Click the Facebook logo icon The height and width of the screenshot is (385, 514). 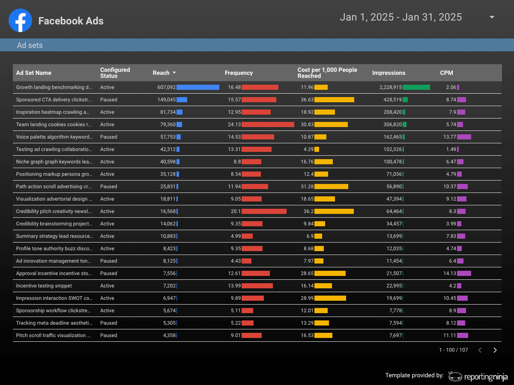click(21, 21)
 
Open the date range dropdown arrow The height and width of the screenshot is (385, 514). click(492, 17)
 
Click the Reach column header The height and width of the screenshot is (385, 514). click(161, 73)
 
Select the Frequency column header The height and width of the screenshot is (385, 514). click(239, 73)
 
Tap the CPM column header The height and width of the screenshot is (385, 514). click(446, 73)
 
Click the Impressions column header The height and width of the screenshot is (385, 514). click(389, 73)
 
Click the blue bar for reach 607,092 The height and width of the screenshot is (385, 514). click(198, 87)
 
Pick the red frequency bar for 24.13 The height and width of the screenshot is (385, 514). click(268, 124)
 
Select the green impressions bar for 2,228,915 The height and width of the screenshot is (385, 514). click(416, 87)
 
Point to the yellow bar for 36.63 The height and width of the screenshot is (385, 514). click(334, 100)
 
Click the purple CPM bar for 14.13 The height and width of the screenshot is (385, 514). click(464, 273)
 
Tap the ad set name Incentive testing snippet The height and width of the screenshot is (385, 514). click(44, 286)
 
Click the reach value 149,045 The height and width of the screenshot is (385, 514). click(167, 100)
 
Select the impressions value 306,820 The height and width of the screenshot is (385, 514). click(392, 124)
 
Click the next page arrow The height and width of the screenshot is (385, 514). click(495, 350)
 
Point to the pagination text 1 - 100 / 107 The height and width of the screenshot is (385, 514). click(453, 350)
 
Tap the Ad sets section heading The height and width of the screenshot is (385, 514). click(30, 45)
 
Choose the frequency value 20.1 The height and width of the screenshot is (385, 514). click(236, 211)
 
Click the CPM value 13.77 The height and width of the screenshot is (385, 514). click(450, 137)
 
